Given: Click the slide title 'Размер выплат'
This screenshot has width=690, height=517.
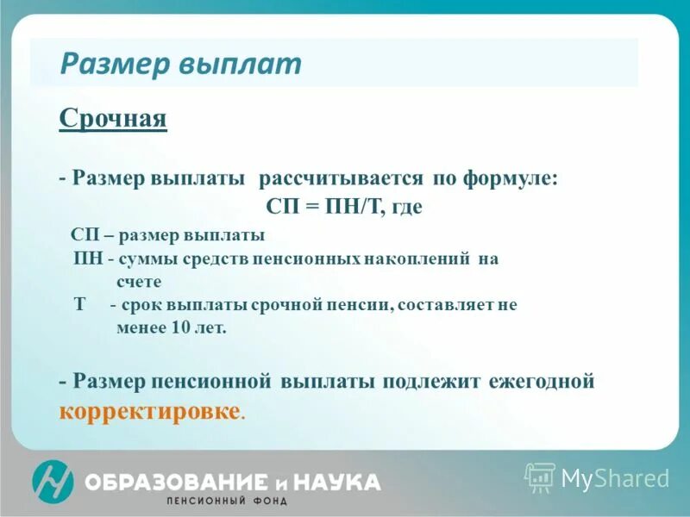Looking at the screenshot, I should (181, 64).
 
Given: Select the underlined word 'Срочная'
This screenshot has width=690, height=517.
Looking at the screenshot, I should (113, 118).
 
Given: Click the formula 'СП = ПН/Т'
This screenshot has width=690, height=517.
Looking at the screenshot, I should (323, 207).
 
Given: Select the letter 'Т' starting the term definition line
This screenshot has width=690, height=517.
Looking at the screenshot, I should (79, 304).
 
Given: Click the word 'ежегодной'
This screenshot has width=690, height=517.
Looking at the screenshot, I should (541, 381).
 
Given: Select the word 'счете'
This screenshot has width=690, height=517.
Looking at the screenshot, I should (139, 281).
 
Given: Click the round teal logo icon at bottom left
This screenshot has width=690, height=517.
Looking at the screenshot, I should (53, 481).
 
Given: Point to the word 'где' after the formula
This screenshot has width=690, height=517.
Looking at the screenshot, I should (407, 207).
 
